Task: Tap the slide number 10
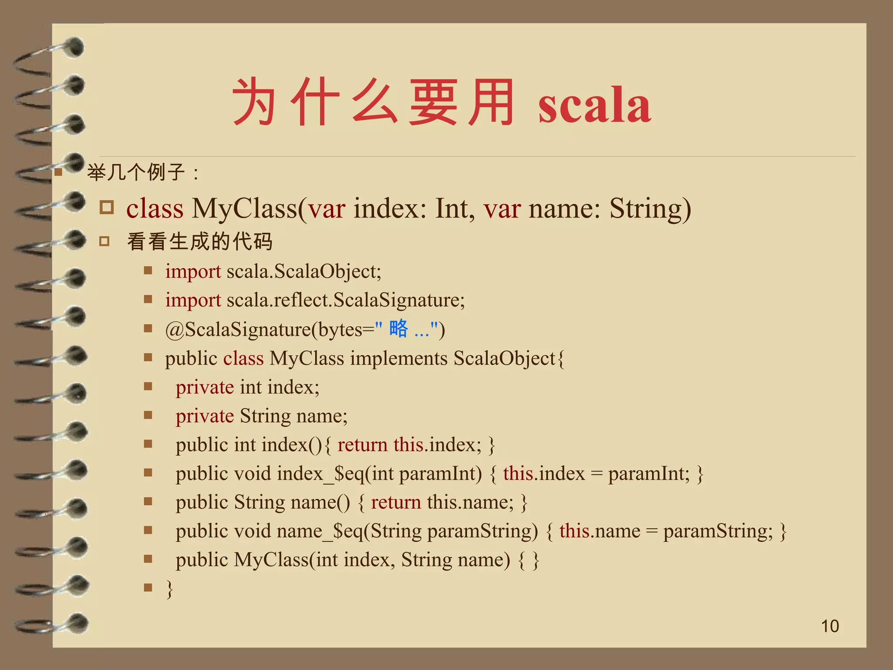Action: click(830, 626)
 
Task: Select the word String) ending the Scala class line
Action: click(650, 209)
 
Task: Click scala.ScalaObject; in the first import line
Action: click(304, 272)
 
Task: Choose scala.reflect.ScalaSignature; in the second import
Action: click(346, 300)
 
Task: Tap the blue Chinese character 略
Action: click(399, 328)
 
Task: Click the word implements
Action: click(399, 359)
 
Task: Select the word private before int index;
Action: click(205, 387)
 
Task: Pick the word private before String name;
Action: click(205, 416)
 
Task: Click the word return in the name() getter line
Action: click(395, 502)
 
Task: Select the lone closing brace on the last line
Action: click(170, 589)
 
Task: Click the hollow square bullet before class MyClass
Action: click(106, 207)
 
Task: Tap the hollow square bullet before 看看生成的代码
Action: click(104, 241)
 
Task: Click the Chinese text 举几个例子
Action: click(136, 172)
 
